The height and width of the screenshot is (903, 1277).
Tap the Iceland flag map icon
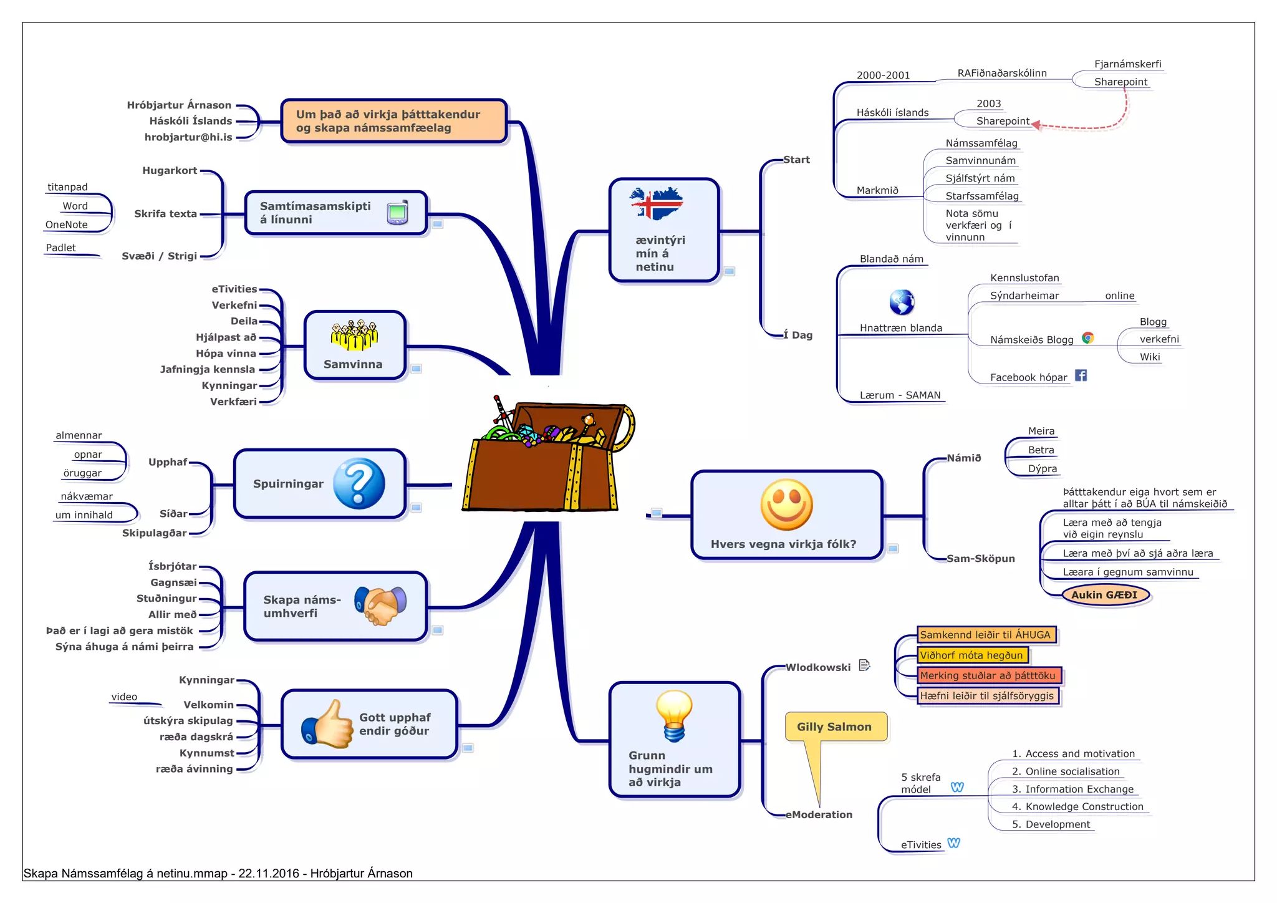657,203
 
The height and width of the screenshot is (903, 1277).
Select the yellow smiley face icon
786,505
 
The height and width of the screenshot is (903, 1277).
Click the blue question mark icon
359,483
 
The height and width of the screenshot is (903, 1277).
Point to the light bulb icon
674,716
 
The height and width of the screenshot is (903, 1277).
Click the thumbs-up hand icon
327,725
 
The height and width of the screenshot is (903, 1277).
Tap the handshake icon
380,605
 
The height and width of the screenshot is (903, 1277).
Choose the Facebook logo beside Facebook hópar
1081,375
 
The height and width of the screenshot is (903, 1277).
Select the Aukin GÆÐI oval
1104,595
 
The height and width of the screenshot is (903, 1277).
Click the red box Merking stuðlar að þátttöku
988,675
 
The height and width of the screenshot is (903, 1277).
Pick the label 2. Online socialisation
1066,771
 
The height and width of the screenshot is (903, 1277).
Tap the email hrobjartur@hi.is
188,137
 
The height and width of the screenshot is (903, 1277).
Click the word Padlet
60,248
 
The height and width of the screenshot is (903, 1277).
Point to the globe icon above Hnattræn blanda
902,302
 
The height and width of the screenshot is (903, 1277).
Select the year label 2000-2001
883,75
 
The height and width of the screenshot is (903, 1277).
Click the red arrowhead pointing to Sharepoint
1036,125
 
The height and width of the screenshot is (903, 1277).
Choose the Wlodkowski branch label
818,667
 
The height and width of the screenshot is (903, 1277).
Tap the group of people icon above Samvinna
354,335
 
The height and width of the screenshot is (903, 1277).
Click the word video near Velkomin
124,697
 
